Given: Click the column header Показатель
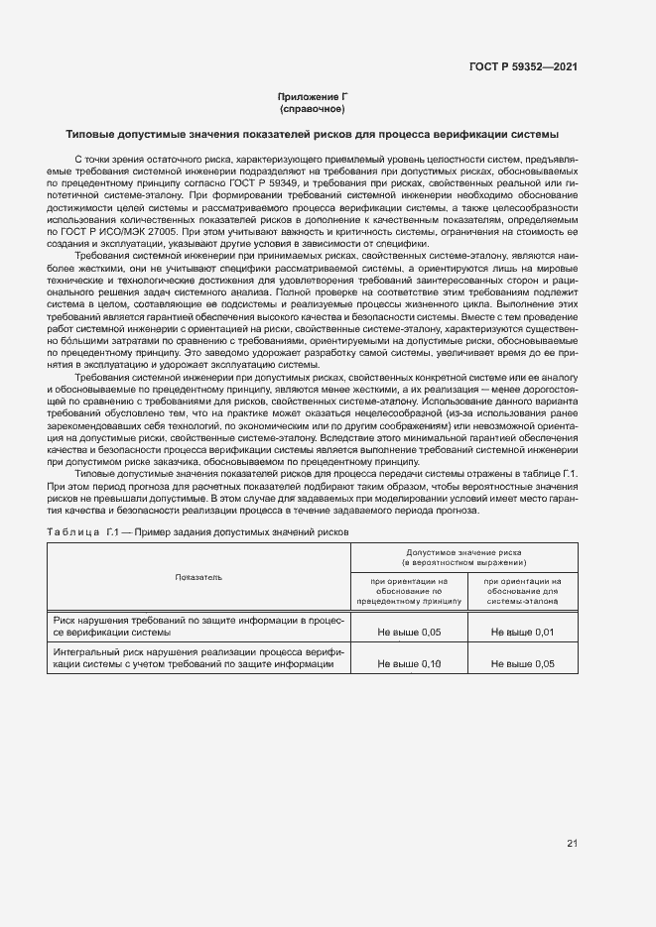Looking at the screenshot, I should pos(198,576).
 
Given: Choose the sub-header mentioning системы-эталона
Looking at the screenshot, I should pos(523,591).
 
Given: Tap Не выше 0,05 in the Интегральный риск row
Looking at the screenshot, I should pos(523,663).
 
